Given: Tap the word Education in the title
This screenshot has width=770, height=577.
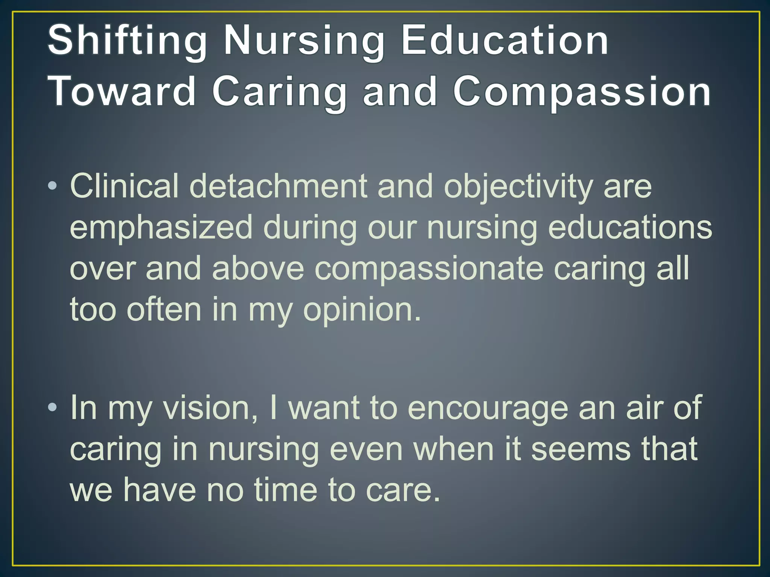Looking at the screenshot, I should coord(505,40).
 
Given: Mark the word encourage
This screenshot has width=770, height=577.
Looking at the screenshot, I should coord(488,408).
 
